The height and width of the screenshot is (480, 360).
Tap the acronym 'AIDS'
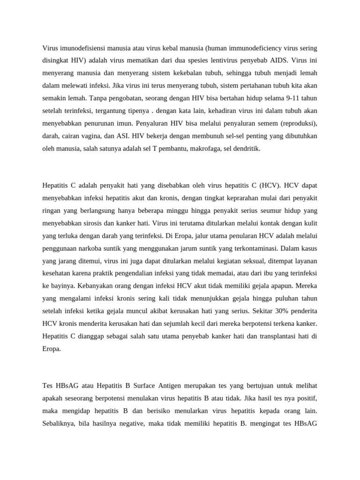point(278,60)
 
